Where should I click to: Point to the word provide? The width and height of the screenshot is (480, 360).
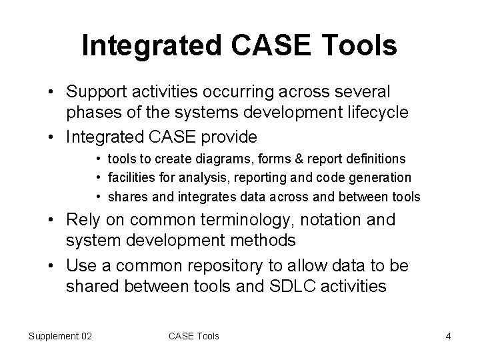tap(226, 137)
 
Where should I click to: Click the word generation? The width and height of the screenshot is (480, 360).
tap(383, 178)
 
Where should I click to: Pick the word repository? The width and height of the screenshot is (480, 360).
tap(232, 265)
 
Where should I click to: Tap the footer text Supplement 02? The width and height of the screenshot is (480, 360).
tap(60, 336)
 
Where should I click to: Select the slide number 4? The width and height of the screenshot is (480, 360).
tap(448, 336)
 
